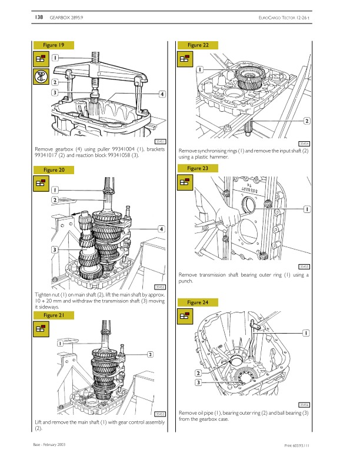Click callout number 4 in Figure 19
pyautogui.click(x=162, y=94)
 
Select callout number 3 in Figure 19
pyautogui.click(x=54, y=92)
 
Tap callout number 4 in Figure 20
pyautogui.click(x=161, y=228)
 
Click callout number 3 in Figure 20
pyautogui.click(x=54, y=250)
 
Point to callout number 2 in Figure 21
pyautogui.click(x=151, y=354)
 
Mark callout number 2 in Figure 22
pyautogui.click(x=306, y=121)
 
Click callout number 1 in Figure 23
pyautogui.click(x=306, y=209)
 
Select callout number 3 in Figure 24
pyautogui.click(x=198, y=383)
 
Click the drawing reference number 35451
pyautogui.click(x=160, y=141)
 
